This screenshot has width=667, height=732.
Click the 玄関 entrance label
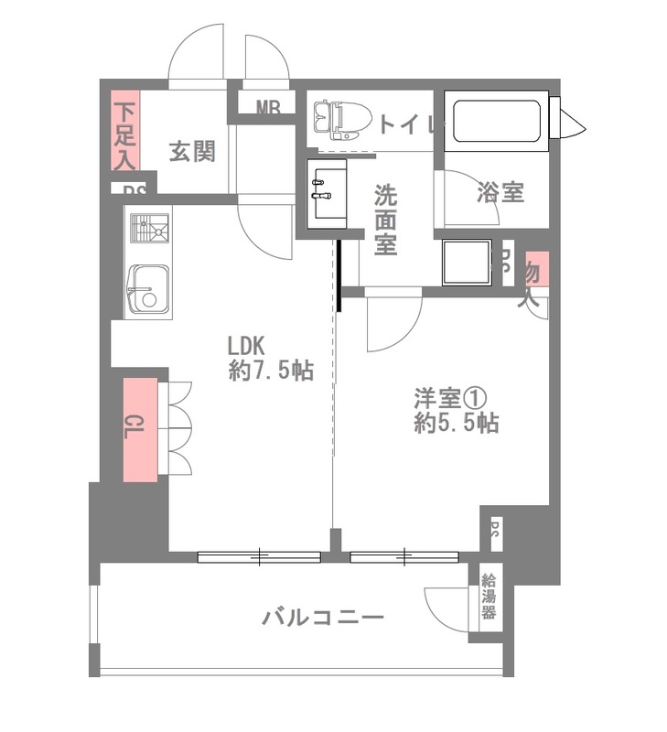191,152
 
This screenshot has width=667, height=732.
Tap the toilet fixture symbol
340,118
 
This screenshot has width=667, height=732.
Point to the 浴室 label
500,192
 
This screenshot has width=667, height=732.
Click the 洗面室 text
385,220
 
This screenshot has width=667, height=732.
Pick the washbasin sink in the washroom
325,191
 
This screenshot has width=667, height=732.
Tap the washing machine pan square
467,263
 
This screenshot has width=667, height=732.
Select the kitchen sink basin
147,290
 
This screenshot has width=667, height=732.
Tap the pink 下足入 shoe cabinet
124,131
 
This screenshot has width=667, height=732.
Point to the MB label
268,107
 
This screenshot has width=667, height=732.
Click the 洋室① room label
447,398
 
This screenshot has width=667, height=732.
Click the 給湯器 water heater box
489,597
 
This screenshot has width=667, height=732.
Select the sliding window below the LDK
259,554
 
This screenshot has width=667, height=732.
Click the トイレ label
404,124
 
